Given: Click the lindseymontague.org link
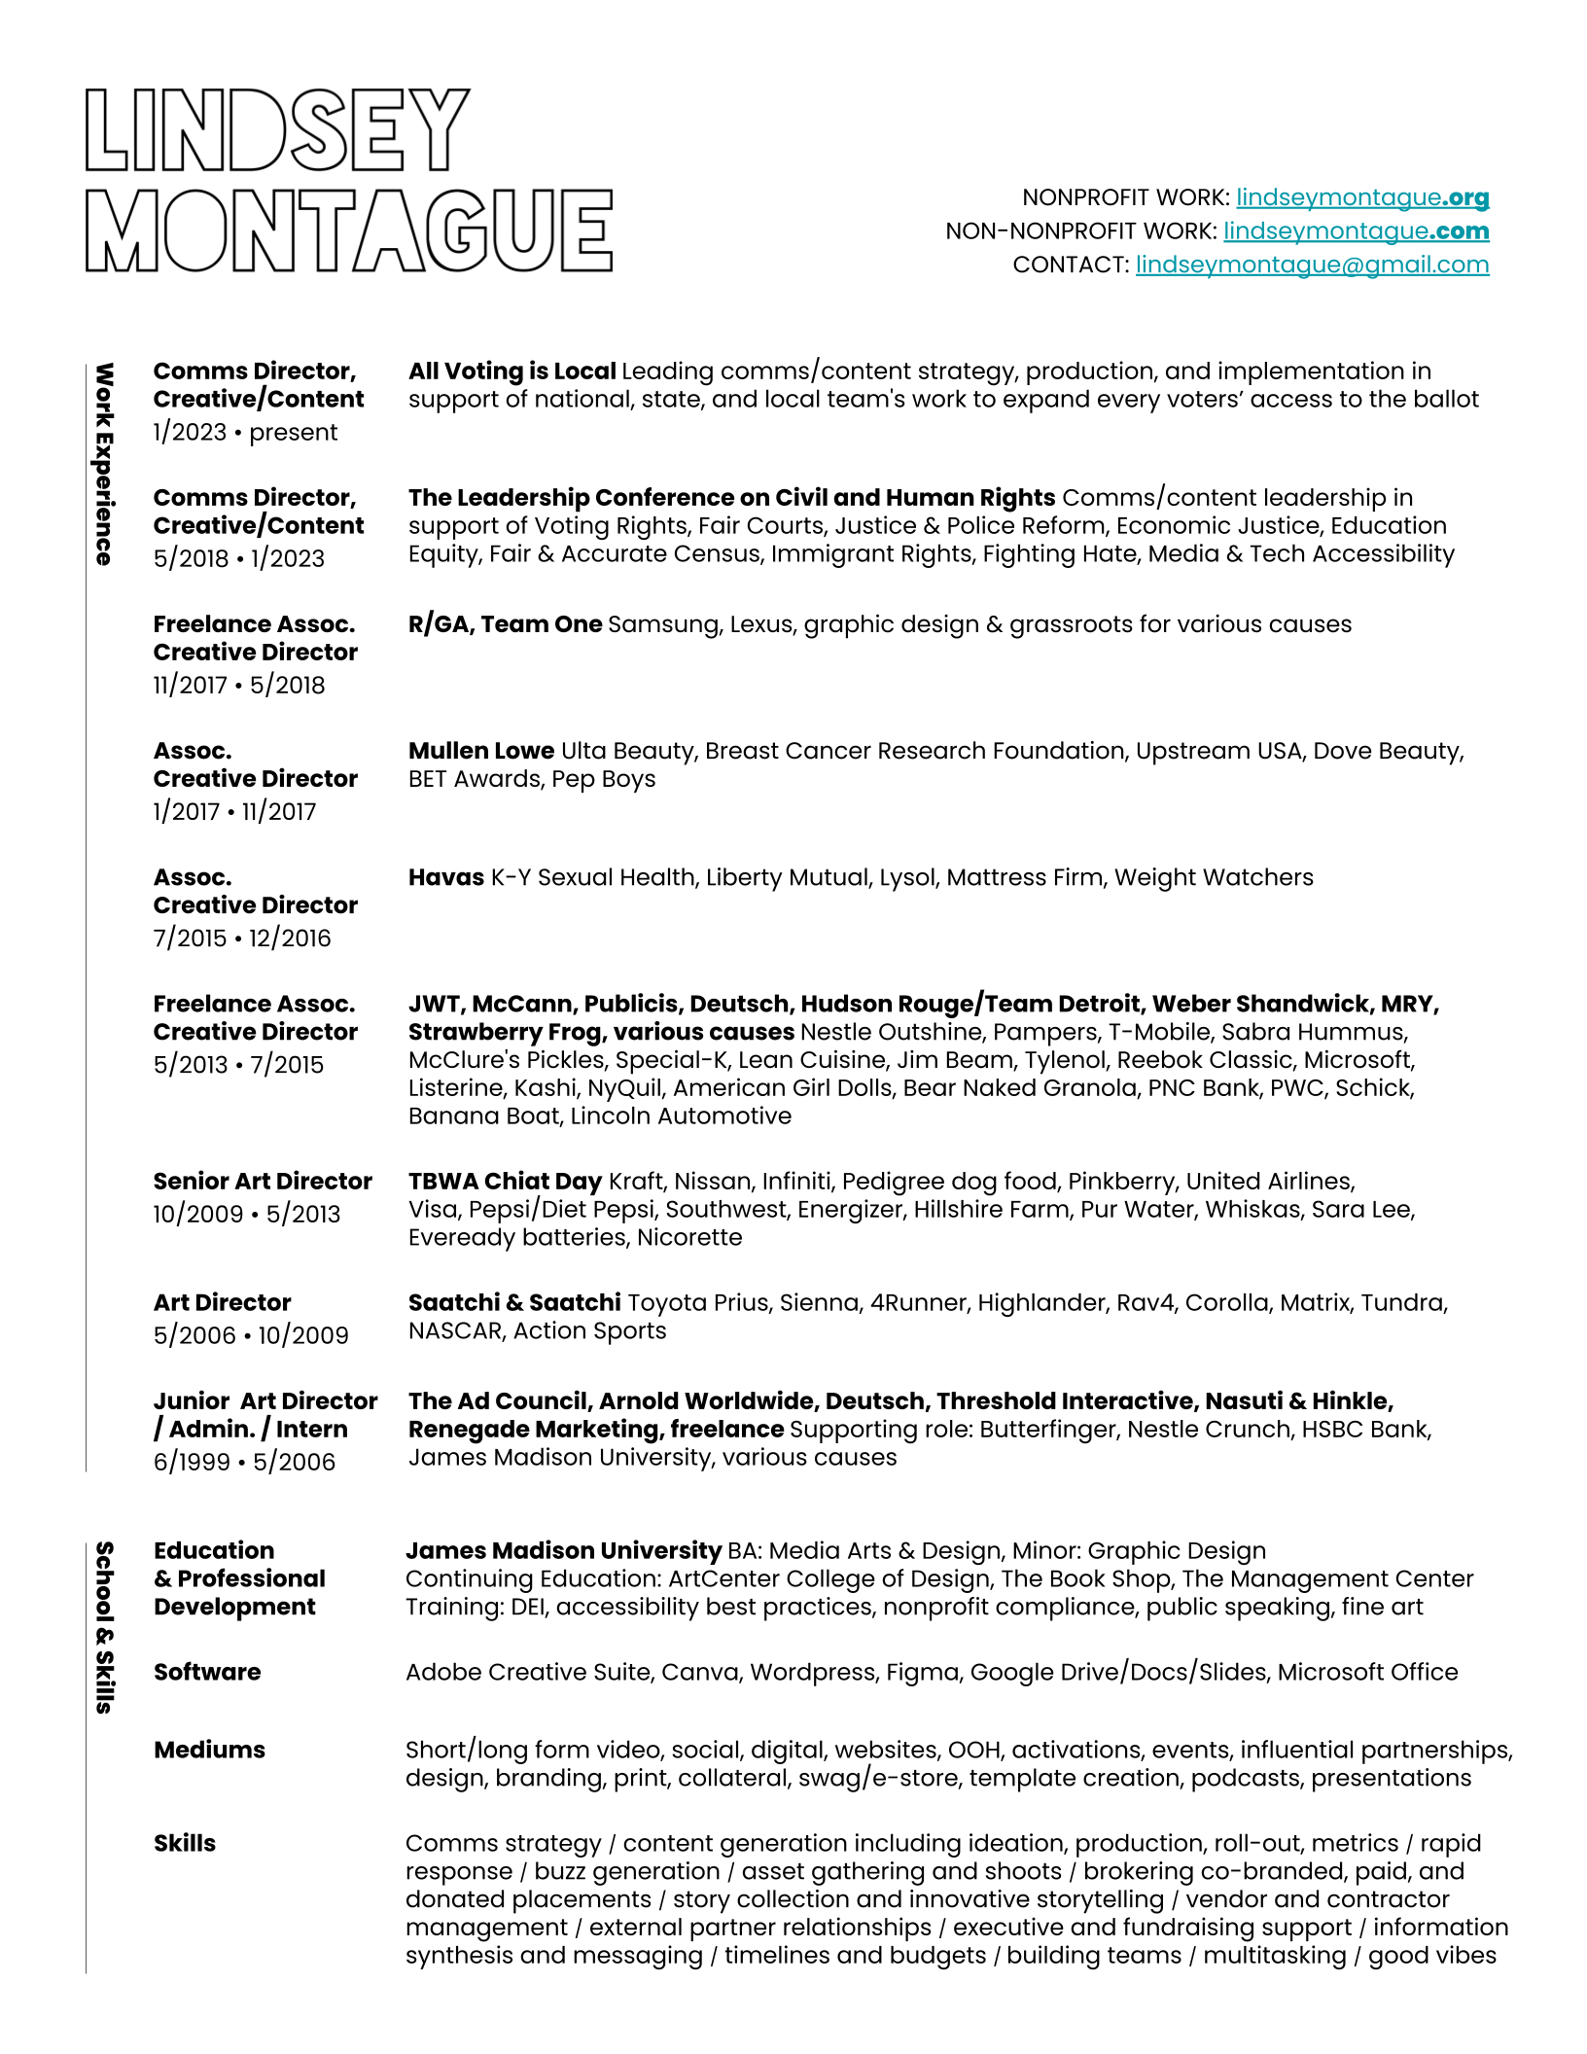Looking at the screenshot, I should (1361, 198).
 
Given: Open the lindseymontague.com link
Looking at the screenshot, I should (1356, 231).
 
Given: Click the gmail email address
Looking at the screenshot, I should (1312, 266).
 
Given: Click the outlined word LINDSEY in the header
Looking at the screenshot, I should (278, 131).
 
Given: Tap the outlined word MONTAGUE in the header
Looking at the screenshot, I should (349, 230).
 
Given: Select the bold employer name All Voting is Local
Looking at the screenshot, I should (511, 372).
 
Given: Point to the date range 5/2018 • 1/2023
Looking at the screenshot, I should (239, 559).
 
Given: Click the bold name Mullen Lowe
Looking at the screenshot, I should (481, 751).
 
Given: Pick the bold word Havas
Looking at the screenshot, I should (445, 877).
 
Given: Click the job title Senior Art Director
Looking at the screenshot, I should (263, 1182).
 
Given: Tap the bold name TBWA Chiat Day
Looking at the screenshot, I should (505, 1182).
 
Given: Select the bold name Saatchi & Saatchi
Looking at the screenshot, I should (514, 1303).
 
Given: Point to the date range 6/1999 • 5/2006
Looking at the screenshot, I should (244, 1463).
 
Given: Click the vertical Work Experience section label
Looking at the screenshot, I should (104, 464).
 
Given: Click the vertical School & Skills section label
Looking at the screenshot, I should (104, 1626).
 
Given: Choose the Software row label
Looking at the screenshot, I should (207, 1673).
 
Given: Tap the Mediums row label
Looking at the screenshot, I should (209, 1751).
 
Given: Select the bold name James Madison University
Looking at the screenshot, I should (563, 1551).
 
